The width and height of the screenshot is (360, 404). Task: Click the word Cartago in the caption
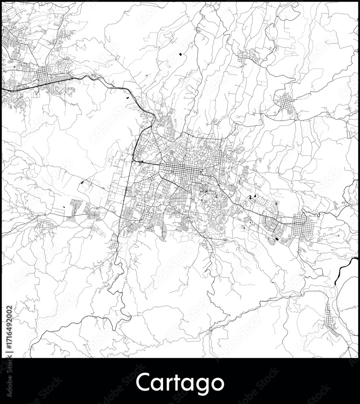click(180, 383)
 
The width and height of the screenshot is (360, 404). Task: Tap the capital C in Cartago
click(143, 383)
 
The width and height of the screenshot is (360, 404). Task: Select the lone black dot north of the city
click(180, 54)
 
